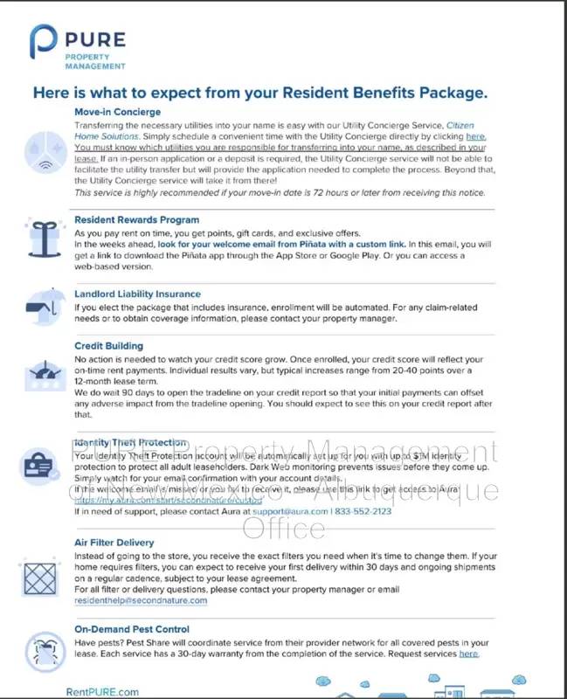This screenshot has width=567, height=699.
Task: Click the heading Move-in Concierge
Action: (117, 113)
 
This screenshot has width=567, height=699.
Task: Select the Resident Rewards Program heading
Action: (136, 220)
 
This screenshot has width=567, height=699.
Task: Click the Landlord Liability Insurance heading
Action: (137, 294)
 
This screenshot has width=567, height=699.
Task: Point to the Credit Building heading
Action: (108, 346)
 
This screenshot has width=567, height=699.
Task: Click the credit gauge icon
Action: (40, 373)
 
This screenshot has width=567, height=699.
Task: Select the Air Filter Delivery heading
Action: (114, 543)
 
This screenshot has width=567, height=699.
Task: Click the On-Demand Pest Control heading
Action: (131, 629)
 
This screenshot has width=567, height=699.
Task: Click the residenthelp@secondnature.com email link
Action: (141, 600)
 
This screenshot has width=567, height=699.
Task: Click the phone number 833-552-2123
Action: (362, 512)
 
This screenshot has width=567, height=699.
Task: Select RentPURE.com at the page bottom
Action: (102, 692)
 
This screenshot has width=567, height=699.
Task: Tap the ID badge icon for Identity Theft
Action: (40, 463)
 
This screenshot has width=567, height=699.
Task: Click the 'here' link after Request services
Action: (468, 654)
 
